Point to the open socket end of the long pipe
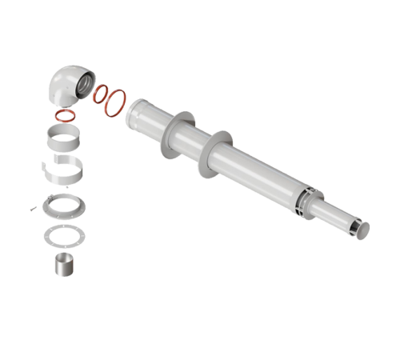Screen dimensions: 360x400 (136, 111)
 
